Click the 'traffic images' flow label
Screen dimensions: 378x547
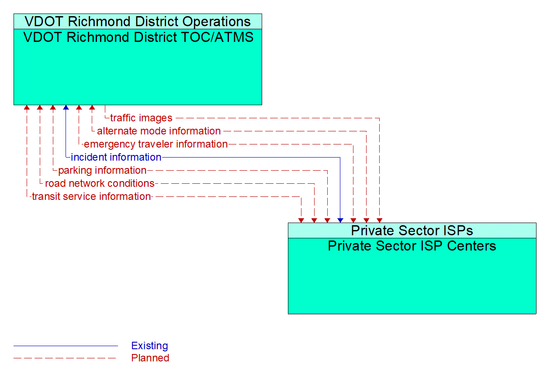[x=141, y=118]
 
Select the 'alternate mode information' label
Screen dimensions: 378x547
[x=159, y=131]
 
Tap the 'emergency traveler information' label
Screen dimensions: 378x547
[x=156, y=144]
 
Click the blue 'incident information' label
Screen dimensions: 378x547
[x=116, y=157]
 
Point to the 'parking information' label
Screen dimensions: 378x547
[x=102, y=170]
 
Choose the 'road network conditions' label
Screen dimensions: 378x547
[x=100, y=183]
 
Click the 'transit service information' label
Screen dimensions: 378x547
[x=91, y=196]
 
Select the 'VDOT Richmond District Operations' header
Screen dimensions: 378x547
[x=138, y=21]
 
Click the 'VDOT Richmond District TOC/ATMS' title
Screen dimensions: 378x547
[x=138, y=37]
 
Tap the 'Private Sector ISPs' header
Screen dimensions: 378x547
[x=412, y=230]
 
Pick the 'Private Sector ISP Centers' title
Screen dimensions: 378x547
[x=412, y=246]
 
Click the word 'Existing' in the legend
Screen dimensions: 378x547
[x=149, y=346]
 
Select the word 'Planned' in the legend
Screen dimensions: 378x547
[x=150, y=358]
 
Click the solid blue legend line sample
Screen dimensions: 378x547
[x=66, y=346]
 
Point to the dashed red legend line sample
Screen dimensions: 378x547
[x=66, y=358]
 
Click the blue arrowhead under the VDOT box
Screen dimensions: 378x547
[x=66, y=107]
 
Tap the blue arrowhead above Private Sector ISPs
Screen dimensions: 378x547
[x=340, y=220]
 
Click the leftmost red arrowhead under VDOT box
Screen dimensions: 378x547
[x=27, y=107]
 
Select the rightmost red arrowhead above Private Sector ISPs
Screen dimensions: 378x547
[x=380, y=220]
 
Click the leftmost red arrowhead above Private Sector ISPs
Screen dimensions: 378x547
[x=301, y=220]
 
